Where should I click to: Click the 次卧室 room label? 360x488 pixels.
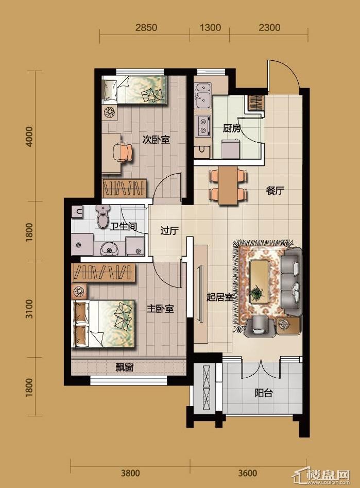click(156, 140)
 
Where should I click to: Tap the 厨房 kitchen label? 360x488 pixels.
click(232, 128)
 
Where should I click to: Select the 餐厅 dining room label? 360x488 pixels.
click(276, 191)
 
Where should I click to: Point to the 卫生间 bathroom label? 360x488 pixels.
click(124, 226)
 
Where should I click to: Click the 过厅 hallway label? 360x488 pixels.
click(169, 231)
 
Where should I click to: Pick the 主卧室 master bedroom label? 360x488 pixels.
click(160, 309)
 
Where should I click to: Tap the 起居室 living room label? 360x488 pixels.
click(220, 297)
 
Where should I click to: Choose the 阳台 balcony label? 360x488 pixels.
click(264, 393)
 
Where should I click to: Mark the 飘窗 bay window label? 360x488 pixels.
click(125, 367)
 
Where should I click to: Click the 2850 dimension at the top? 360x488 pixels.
click(146, 27)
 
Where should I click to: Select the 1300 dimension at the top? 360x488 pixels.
click(210, 27)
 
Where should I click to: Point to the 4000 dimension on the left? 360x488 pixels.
click(29, 137)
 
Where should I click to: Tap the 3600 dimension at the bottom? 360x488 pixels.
click(248, 474)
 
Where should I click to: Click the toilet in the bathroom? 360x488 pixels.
click(103, 217)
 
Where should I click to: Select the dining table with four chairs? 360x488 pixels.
click(228, 186)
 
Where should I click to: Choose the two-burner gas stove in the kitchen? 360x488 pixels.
click(202, 125)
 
